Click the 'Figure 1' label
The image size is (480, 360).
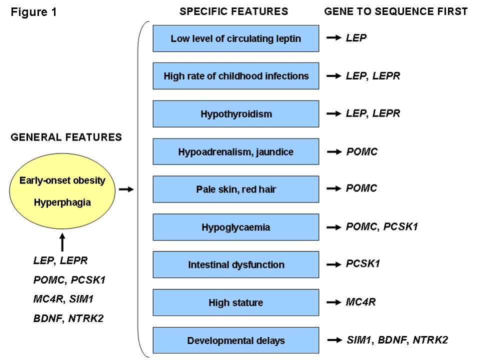click(34, 12)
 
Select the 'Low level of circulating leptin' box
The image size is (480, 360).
click(235, 38)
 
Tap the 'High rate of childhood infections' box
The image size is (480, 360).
click(235, 76)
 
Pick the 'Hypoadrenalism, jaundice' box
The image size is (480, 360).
click(235, 151)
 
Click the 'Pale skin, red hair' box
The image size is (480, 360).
click(235, 189)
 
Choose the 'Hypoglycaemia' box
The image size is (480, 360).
click(235, 227)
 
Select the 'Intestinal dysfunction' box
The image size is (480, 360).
click(235, 264)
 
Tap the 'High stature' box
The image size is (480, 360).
click(235, 302)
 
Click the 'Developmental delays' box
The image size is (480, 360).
click(235, 340)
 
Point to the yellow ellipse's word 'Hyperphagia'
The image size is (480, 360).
click(62, 202)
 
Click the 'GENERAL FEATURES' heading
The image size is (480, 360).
click(66, 137)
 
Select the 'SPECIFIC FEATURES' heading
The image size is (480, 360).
click(233, 11)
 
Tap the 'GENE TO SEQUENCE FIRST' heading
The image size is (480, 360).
click(396, 11)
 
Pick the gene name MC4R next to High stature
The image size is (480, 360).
click(360, 302)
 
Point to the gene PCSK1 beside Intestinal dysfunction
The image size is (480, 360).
click(362, 264)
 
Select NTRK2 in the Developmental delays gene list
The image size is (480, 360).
click(429, 340)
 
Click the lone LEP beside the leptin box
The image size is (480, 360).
click(356, 38)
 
